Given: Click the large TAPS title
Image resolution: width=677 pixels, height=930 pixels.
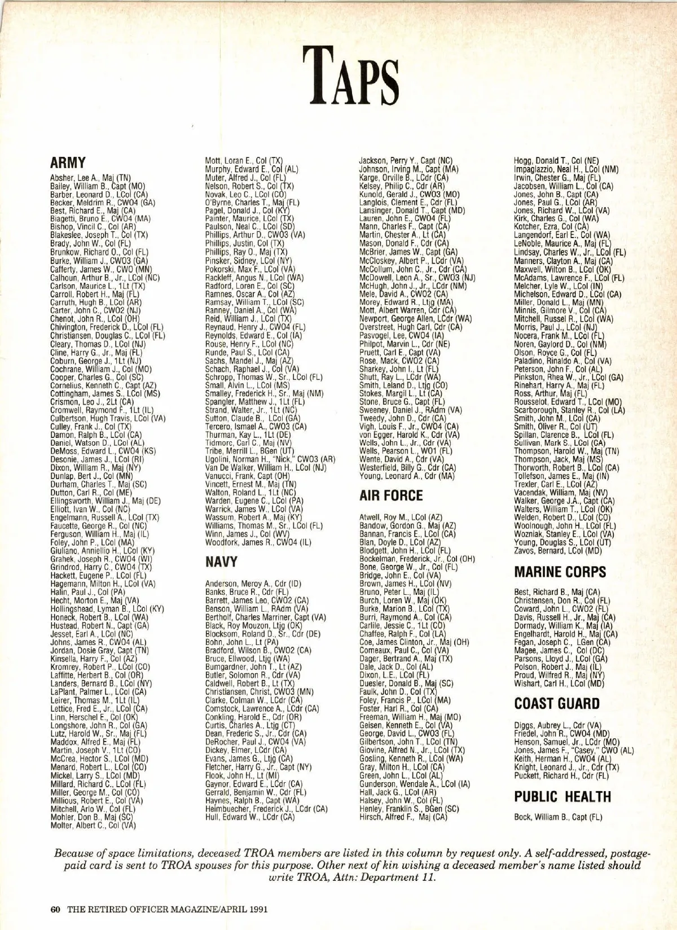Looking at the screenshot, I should [342, 74].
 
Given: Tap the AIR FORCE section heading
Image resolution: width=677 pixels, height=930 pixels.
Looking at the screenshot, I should [390, 495].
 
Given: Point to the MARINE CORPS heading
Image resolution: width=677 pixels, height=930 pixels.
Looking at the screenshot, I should [560, 572].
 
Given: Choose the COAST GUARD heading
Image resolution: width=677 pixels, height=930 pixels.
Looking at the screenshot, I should [557, 704].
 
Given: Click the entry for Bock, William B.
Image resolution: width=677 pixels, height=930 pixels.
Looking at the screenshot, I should [558, 817].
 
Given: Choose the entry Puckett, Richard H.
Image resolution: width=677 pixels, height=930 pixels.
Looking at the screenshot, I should [553, 775].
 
